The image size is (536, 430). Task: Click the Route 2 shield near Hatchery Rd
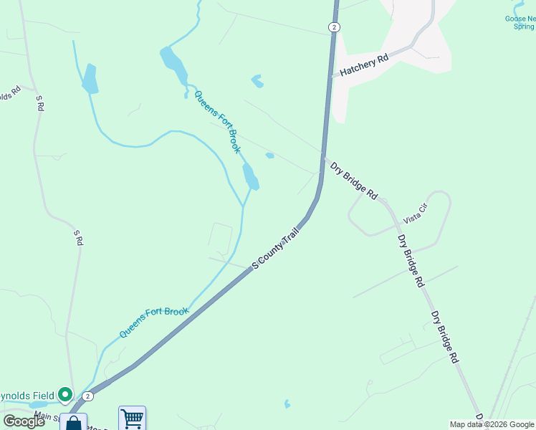334,27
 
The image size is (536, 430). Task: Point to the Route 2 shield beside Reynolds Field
87,396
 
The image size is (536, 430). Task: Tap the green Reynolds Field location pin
65,394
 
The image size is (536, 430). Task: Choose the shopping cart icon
132,418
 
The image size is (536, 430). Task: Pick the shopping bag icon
74,423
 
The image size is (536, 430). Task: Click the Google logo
24,421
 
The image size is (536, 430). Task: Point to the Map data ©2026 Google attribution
492,424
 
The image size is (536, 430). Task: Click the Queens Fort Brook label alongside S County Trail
154,322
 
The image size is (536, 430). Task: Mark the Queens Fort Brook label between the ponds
217,122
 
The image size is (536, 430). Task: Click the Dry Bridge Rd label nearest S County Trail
353,180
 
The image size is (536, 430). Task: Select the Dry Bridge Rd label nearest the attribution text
444,338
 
